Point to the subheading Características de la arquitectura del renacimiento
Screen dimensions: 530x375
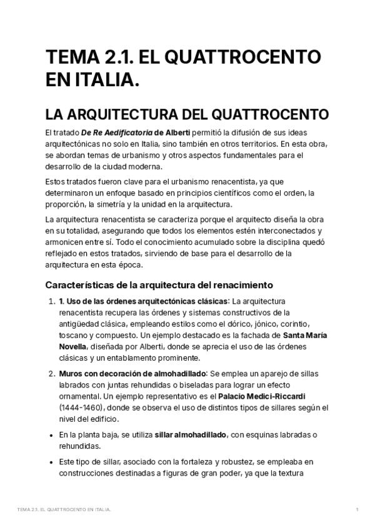159,285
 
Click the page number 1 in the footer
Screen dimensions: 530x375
356,510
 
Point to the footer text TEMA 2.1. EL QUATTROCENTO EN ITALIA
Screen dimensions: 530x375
64,510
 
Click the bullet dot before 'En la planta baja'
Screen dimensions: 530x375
51,434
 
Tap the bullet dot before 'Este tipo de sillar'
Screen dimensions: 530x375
51,462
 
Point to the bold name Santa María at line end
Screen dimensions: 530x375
302,335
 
